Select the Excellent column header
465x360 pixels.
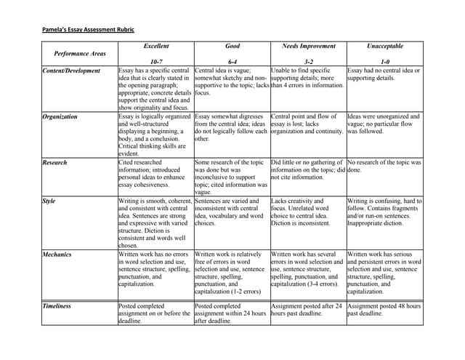coord(156,46)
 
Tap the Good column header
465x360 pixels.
coord(232,46)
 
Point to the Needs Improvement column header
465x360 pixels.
coord(308,46)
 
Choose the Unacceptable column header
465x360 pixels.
coord(385,46)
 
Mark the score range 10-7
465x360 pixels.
coord(156,63)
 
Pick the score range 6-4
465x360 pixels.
coord(232,63)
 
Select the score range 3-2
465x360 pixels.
coord(308,63)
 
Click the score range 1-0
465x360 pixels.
coord(385,63)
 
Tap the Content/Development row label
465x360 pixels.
coord(72,71)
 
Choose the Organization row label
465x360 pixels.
coord(60,116)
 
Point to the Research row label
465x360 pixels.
coord(54,163)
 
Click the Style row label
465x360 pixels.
coord(49,201)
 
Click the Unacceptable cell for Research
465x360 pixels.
coord(384,167)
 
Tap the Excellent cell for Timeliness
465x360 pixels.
coord(155,313)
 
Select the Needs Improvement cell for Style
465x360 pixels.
coord(308,212)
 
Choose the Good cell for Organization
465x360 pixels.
coord(232,127)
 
